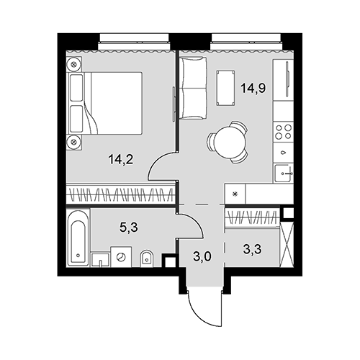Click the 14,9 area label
coord(253,89)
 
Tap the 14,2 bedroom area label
coord(121,159)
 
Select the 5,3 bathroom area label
coord(129,227)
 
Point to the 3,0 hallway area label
coord(202,256)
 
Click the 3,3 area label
coord(252,249)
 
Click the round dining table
coord(230,143)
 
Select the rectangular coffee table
coord(225,88)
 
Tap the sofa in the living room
coord(193,88)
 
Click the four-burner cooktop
coord(283,132)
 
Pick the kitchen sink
coord(284,174)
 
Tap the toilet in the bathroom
coord(146,258)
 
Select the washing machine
coord(121,256)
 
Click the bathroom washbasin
coord(101,260)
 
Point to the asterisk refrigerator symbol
coord(235,194)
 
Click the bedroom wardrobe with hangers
coord(121,194)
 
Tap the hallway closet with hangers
coord(252,218)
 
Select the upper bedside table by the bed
coord(74,64)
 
